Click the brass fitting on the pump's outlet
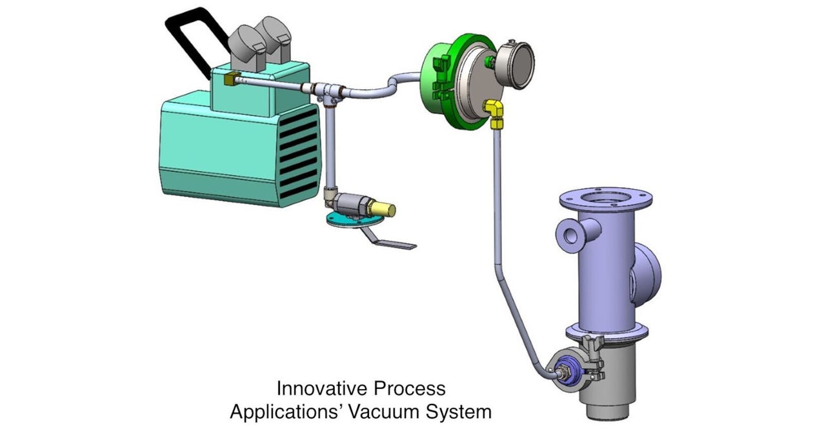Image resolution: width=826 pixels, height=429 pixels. [x=231, y=81]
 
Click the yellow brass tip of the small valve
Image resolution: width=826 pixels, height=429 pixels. [x=385, y=210]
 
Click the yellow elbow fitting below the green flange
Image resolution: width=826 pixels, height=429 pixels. [x=496, y=112]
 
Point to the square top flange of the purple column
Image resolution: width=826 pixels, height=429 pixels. [x=598, y=197]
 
